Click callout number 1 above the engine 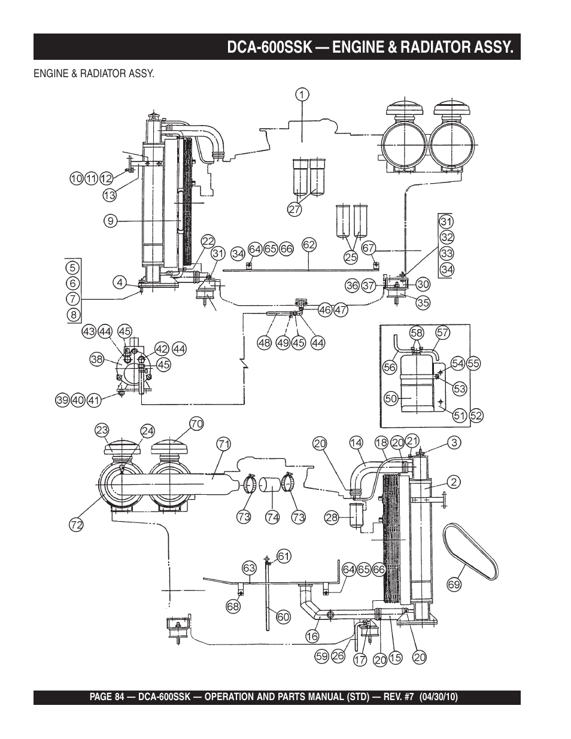pos(302,95)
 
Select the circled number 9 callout pos(111,221)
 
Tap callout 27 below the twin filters pos(294,209)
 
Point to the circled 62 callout pos(309,245)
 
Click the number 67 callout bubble pos(368,248)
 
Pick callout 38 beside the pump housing pos(97,359)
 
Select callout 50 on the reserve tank pos(391,399)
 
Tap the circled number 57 pos(443,332)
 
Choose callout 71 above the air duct pos(223,444)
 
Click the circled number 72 pos(76,525)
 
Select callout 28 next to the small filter pos(332,518)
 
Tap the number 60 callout pos(284,616)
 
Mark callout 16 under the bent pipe pos(312,635)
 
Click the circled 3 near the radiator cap pos(454,442)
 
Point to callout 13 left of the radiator pos(110,195)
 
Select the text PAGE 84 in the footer pos(107,697)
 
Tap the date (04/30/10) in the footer pos(439,697)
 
